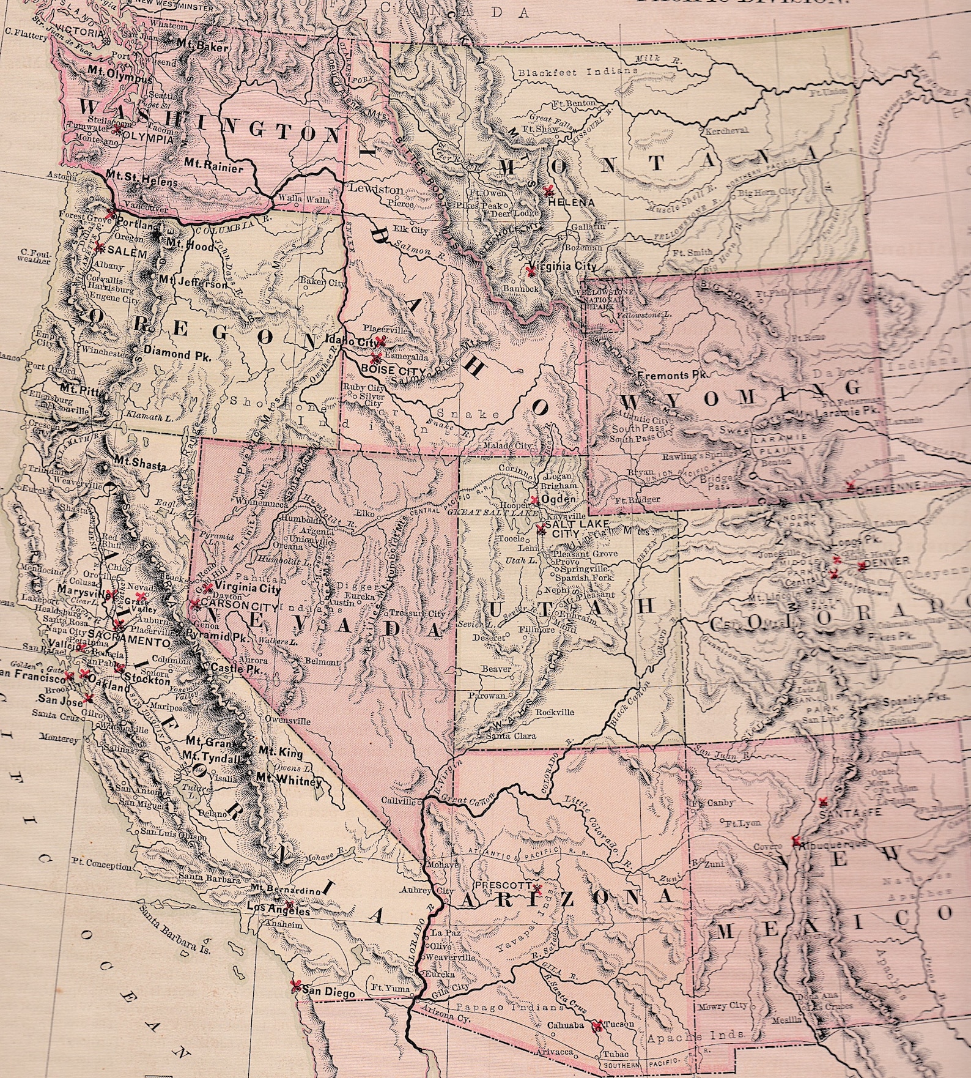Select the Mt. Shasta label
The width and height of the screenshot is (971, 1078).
click(x=139, y=466)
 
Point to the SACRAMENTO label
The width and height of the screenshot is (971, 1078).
click(x=128, y=643)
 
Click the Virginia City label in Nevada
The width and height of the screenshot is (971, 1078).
click(x=245, y=590)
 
